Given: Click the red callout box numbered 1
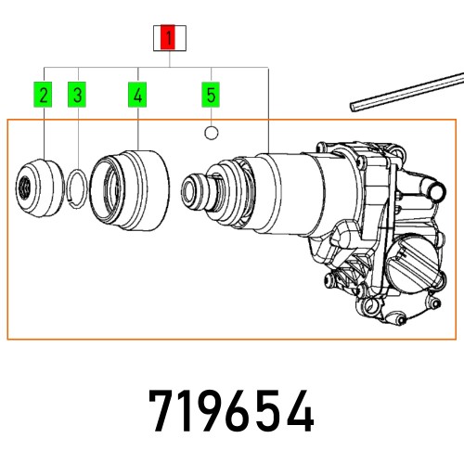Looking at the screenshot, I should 168,38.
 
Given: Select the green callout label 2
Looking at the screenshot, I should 45,94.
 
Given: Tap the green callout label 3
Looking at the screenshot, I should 79,94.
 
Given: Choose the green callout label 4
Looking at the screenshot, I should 138,94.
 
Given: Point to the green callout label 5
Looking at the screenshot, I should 211,94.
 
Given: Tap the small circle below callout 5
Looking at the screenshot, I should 212,133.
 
